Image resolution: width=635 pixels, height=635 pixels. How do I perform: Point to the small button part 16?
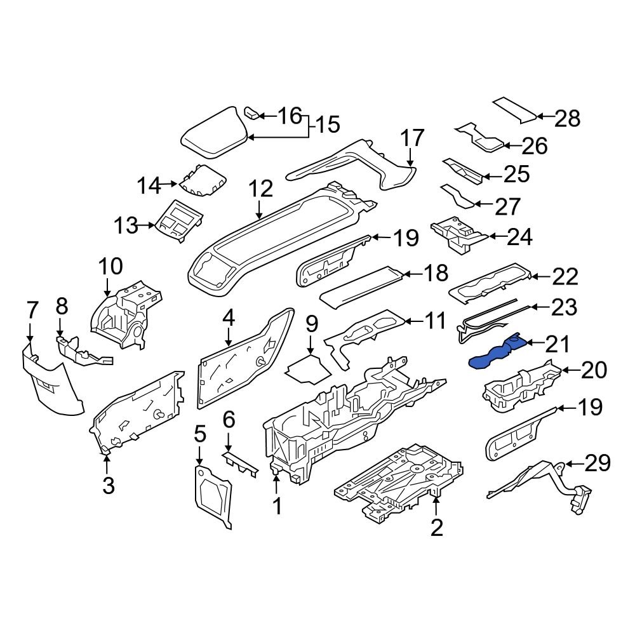(251, 114)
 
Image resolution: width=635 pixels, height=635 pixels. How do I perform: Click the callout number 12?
(260, 189)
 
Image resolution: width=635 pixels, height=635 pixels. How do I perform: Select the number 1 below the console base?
(276, 506)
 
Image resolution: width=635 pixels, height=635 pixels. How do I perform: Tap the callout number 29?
(597, 464)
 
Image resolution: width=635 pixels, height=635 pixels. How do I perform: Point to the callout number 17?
(411, 138)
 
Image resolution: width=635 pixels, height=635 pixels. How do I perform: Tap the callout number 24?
(519, 237)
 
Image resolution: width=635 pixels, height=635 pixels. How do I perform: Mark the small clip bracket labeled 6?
(240, 462)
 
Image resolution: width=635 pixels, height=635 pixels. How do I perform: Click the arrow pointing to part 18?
(410, 274)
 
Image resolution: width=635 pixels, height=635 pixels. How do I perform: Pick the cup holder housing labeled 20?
(521, 384)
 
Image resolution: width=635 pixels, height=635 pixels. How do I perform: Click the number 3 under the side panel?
(108, 486)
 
